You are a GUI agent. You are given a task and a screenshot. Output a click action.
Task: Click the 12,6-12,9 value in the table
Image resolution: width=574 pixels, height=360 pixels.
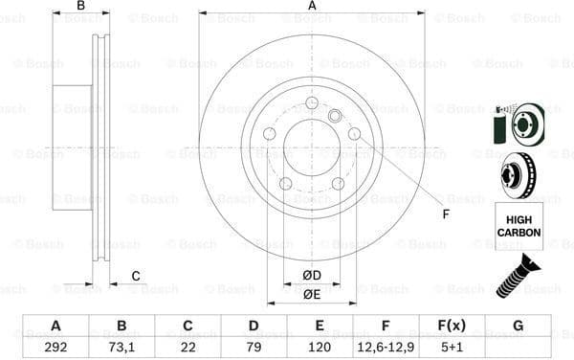[385, 347]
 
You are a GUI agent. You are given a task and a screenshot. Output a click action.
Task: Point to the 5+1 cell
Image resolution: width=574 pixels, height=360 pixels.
[451, 347]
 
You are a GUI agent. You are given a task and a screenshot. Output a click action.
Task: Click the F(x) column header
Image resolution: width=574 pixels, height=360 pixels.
[451, 326]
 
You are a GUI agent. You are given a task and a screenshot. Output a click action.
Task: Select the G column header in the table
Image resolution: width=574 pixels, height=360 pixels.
[518, 326]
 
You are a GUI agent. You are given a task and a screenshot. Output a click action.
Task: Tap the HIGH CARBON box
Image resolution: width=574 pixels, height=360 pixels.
[518, 227]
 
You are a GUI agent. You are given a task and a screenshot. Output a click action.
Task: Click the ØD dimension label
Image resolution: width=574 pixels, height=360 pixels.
[312, 276]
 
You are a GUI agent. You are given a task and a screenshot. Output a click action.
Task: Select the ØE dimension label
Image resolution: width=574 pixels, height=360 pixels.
[312, 295]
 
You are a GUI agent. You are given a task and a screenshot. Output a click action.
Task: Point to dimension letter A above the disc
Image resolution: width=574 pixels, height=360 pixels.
[312, 7]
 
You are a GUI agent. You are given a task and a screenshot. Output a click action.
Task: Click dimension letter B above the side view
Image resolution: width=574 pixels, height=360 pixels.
[81, 7]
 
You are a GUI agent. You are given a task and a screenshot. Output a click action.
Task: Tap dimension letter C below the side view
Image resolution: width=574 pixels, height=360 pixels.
[135, 277]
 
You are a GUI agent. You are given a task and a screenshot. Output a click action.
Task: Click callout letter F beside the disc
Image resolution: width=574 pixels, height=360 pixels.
[445, 214]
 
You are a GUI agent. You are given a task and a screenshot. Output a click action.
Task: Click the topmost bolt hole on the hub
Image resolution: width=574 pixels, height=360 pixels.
[312, 103]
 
